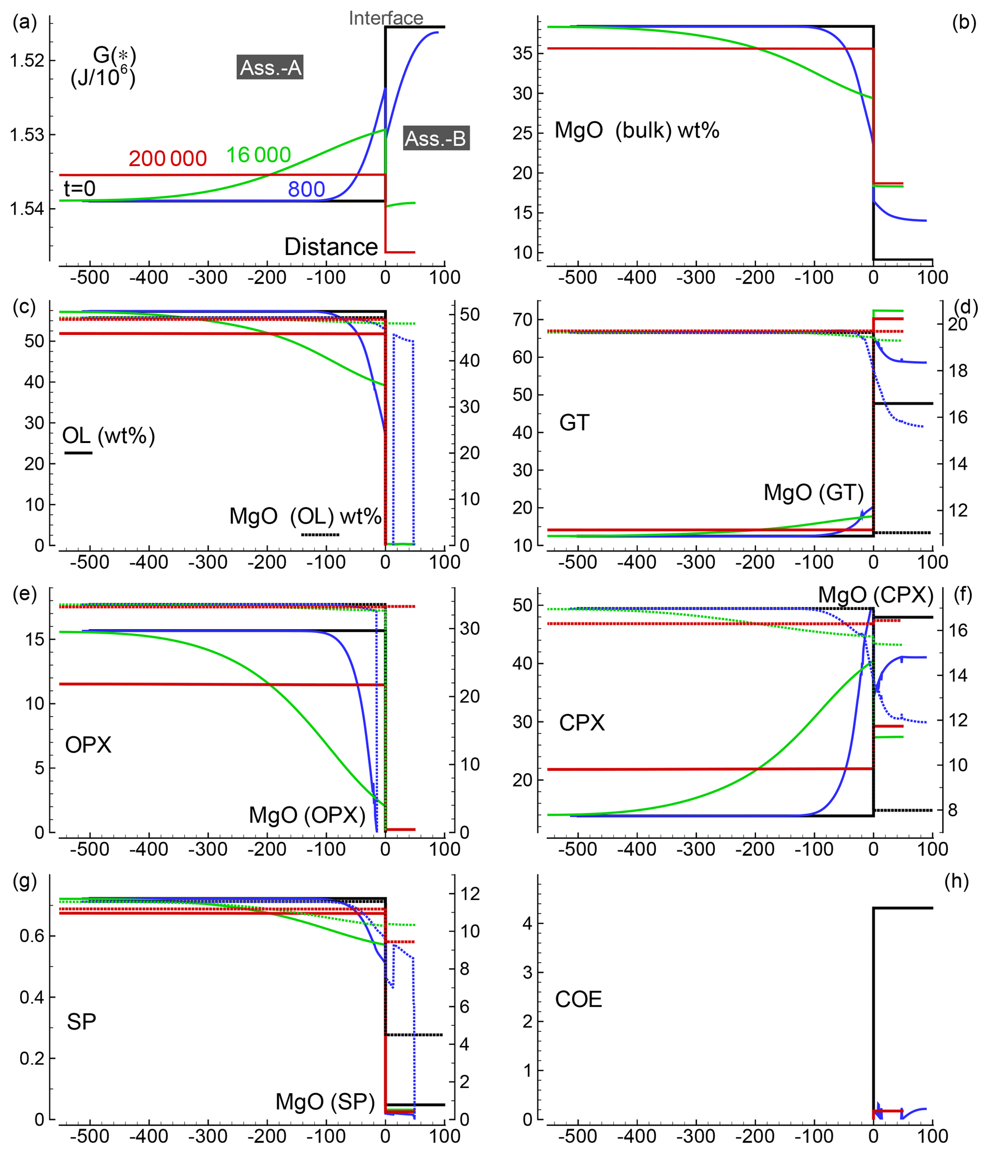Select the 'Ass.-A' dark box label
pos(271,68)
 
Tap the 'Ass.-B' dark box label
pos(435,138)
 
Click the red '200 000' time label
pos(167,159)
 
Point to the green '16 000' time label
pos(258,155)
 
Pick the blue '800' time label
pos(306,189)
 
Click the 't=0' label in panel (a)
pos(79,189)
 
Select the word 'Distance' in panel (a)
pos(331,247)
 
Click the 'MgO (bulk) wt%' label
pos(636,130)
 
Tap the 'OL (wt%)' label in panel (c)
pos(109,435)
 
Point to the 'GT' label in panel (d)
pos(574,423)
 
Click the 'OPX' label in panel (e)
pos(88,744)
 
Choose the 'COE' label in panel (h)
pos(578,1000)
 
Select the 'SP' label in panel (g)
pos(81,1022)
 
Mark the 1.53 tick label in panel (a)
pos(27,135)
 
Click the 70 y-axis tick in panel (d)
pos(522,320)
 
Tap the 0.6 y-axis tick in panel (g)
pos(31,936)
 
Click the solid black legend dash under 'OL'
pos(78,453)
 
